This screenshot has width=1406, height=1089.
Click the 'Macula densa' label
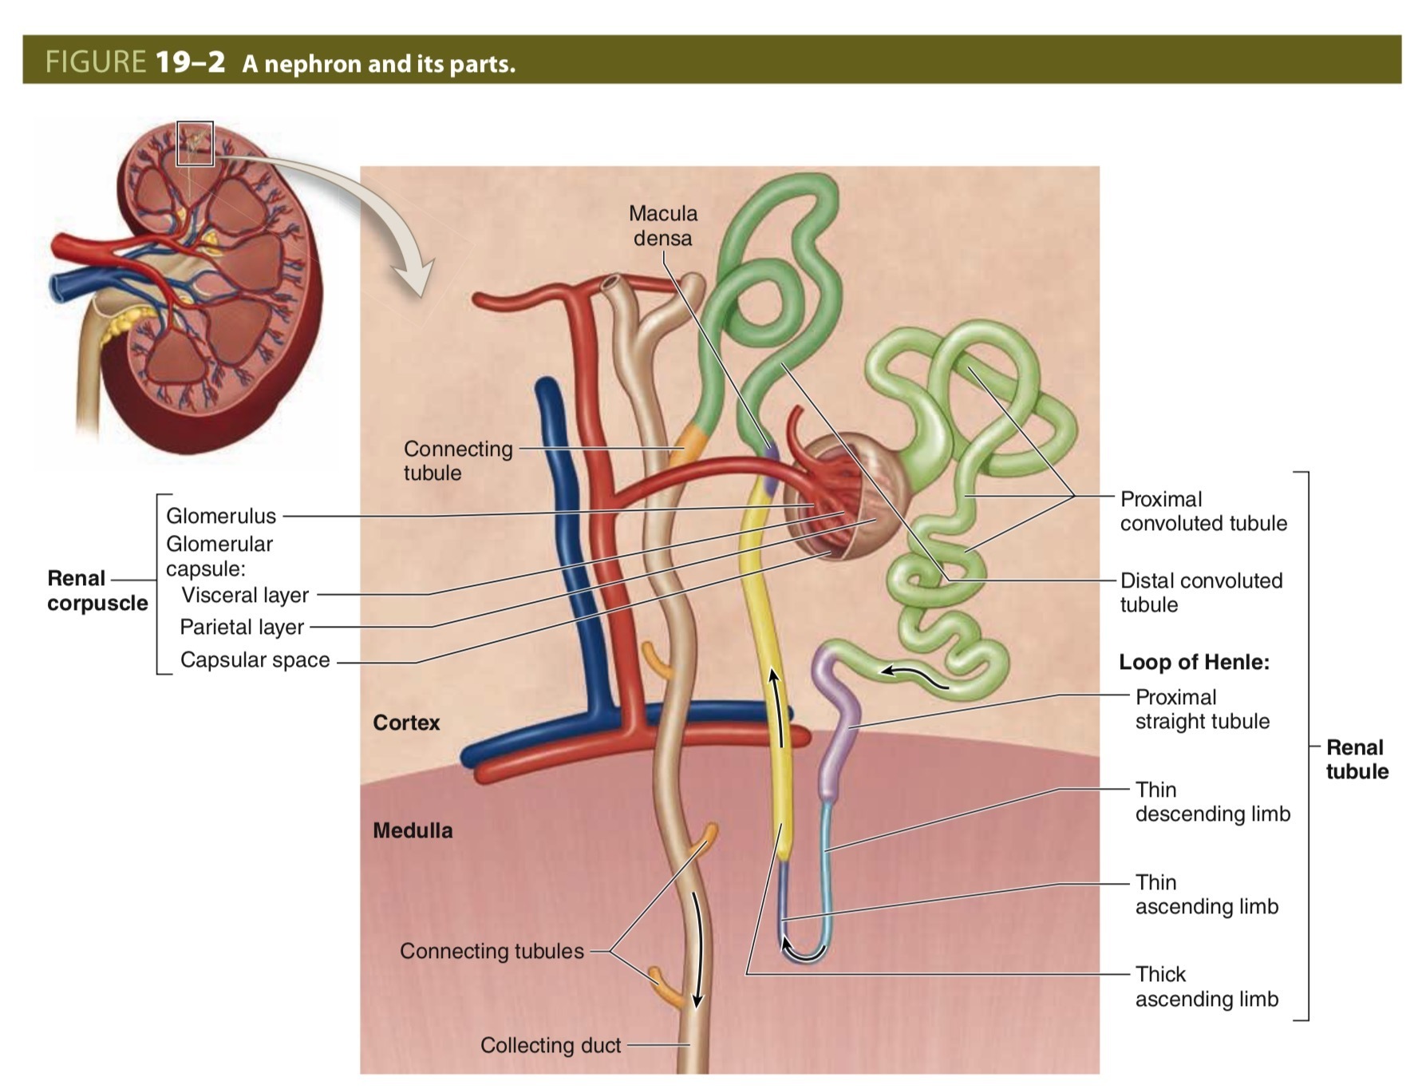tap(662, 225)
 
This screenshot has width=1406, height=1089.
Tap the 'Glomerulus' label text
tap(221, 516)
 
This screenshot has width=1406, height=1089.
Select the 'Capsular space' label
tap(255, 659)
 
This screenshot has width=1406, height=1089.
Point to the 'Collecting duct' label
tap(551, 1045)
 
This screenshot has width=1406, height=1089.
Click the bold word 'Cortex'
tap(406, 723)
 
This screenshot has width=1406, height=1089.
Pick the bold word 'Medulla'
tap(413, 830)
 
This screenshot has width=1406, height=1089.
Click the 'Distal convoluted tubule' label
tap(1201, 592)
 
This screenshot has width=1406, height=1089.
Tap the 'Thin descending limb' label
tap(1212, 802)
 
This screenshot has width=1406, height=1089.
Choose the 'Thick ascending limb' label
tap(1207, 986)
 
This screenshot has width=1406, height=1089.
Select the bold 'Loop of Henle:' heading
tap(1194, 662)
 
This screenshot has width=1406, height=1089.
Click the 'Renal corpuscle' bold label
tap(97, 590)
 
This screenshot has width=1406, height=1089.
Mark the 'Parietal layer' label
tap(242, 627)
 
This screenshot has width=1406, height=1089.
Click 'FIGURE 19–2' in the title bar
tap(135, 61)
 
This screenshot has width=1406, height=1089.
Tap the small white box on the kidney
tap(195, 144)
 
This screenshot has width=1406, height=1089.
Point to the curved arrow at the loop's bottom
tap(802, 952)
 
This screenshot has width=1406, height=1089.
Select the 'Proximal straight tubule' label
tap(1202, 709)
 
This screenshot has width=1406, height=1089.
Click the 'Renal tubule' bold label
tap(1357, 759)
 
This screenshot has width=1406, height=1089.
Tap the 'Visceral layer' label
tap(245, 595)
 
